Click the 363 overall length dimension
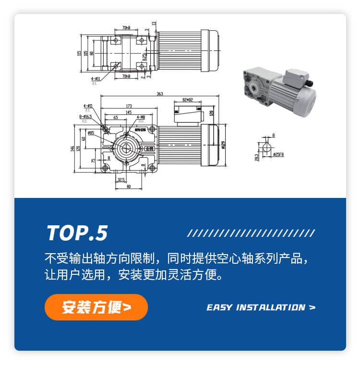pyautogui.click(x=159, y=94)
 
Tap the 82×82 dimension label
pyautogui.click(x=187, y=100)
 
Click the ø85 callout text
pyautogui.click(x=91, y=133)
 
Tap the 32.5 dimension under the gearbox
pyautogui.click(x=120, y=180)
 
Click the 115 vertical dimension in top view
pyautogui.click(x=79, y=53)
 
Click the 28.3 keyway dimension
pyautogui.click(x=257, y=157)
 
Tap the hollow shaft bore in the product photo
pyautogui.click(x=252, y=88)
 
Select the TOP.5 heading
pyautogui.click(x=77, y=233)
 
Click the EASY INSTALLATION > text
pyautogui.click(x=261, y=307)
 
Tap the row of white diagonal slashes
pyautogui.click(x=251, y=233)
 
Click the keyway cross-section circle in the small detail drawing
pyautogui.click(x=266, y=146)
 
